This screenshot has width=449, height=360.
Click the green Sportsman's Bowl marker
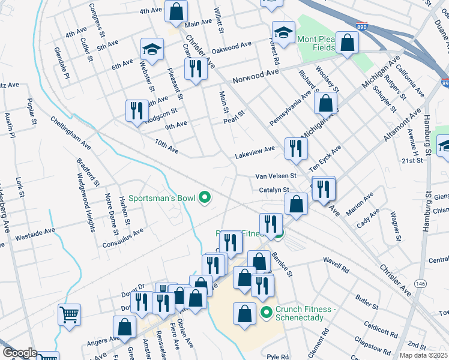point(205,197)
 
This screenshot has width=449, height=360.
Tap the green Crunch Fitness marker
point(267,313)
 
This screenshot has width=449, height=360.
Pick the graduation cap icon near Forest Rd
point(283,32)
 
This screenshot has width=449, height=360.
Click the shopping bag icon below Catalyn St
point(297,203)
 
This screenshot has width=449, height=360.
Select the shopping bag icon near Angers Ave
point(124,327)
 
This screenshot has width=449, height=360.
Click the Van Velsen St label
point(276,176)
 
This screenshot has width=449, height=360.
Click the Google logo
point(19,353)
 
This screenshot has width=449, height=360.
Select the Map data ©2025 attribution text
point(423,355)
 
